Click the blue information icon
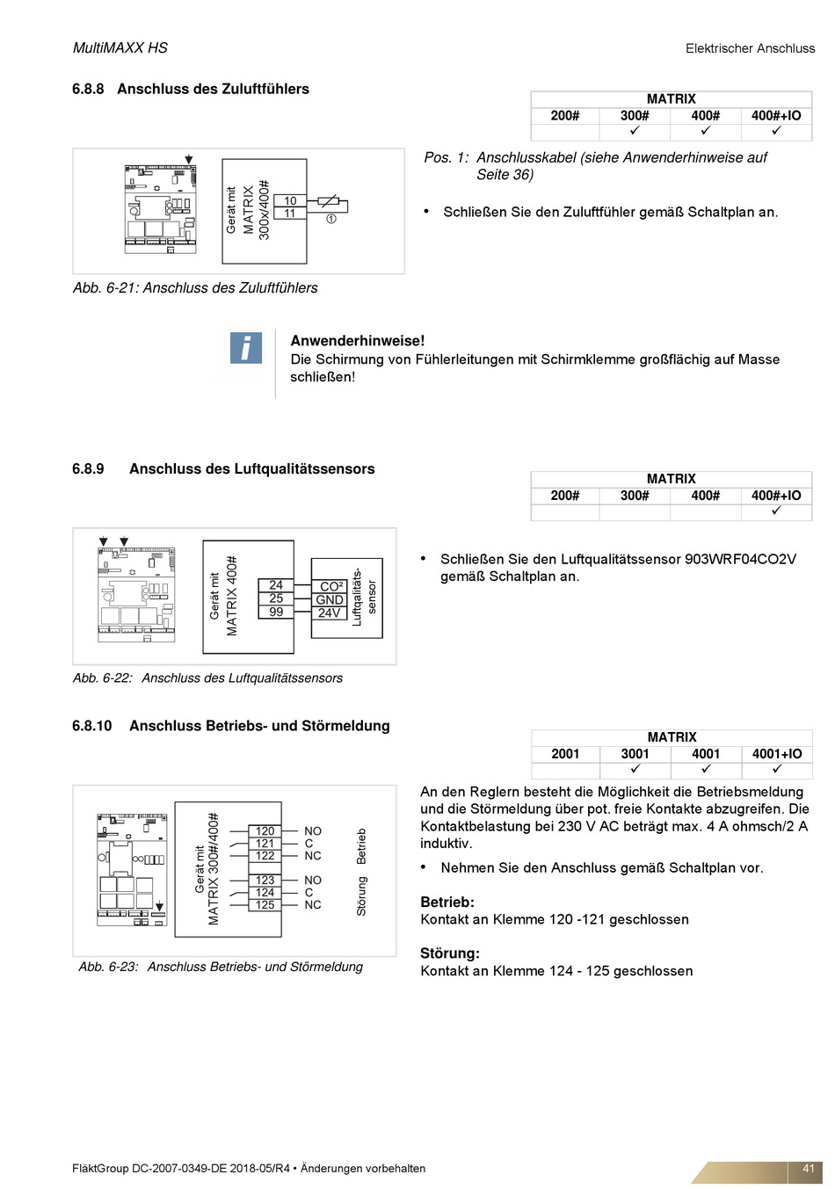(x=246, y=348)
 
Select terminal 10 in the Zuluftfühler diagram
(x=290, y=201)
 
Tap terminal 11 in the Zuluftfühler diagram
(x=290, y=214)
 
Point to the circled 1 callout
(x=331, y=219)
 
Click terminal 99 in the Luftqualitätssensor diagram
(x=276, y=612)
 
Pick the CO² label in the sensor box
(x=331, y=586)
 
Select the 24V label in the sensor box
(x=330, y=613)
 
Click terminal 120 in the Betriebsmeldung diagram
(x=265, y=830)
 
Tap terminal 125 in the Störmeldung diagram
(x=265, y=904)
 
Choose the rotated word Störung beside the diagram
(x=361, y=895)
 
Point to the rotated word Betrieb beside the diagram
(x=361, y=845)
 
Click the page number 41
(x=809, y=1169)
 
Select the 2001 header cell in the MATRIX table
(x=565, y=754)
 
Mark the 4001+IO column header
(x=777, y=754)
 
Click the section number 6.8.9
(x=88, y=469)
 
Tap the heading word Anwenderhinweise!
(x=357, y=341)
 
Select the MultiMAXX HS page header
(x=120, y=48)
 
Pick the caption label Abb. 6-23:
(x=108, y=967)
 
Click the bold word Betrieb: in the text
(x=447, y=903)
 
